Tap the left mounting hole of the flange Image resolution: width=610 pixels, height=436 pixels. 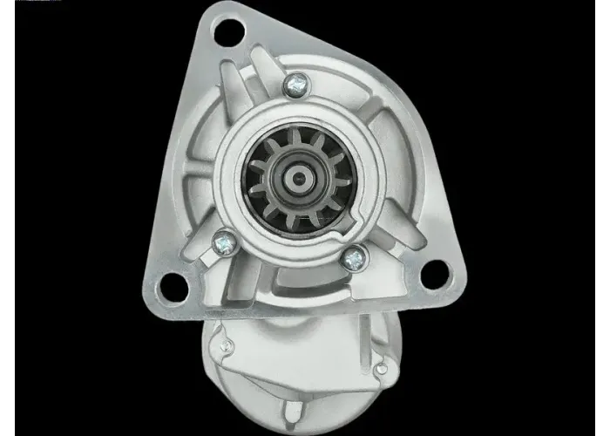173,284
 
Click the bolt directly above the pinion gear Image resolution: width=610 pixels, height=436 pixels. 296,84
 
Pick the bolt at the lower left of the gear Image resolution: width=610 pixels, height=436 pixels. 224,241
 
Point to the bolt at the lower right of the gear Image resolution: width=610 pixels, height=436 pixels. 353,258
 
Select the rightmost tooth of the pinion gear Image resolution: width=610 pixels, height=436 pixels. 342,182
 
